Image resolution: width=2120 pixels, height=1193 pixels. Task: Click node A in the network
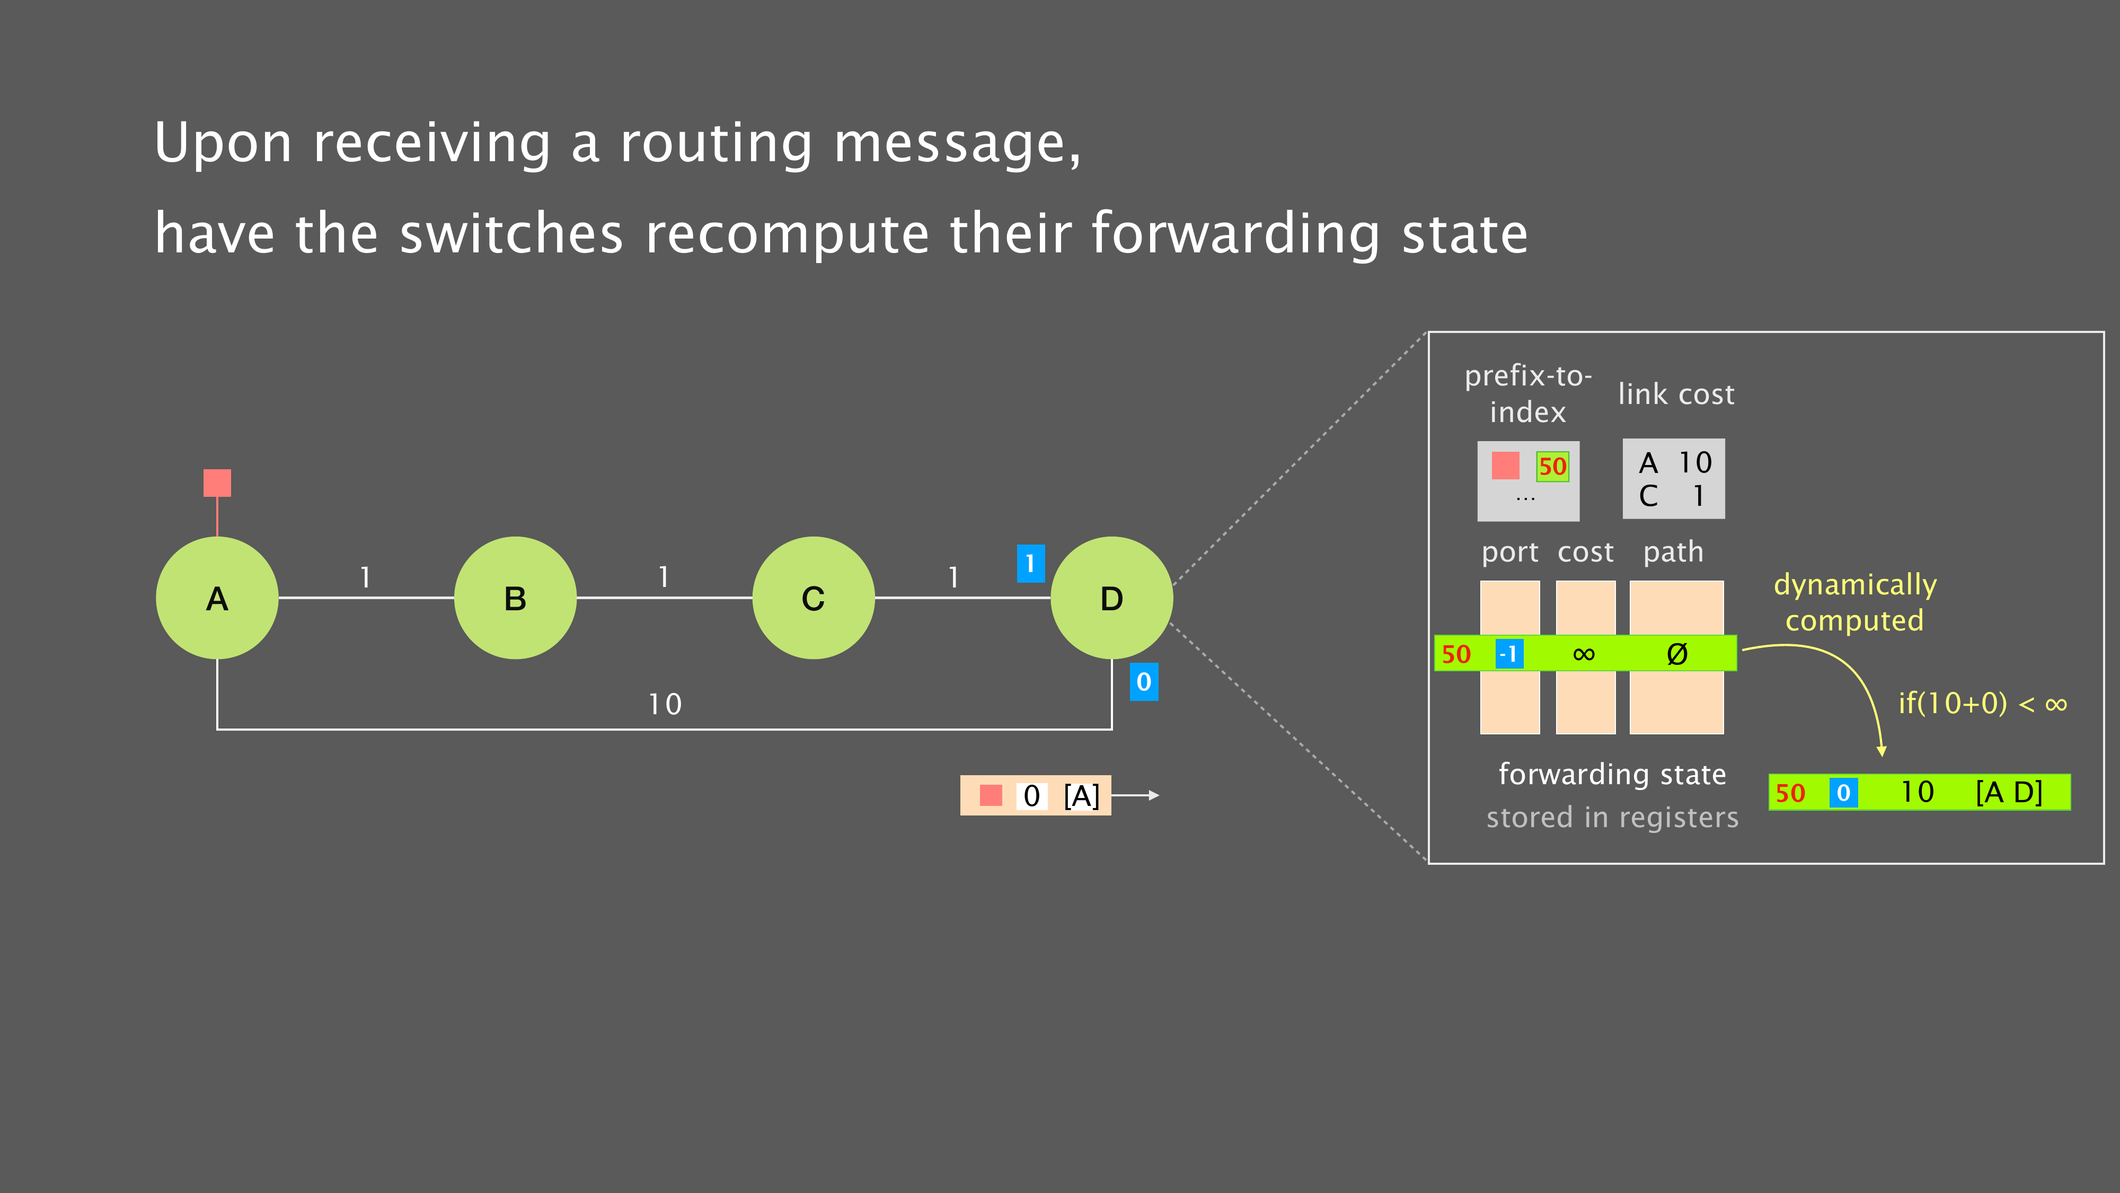coord(217,598)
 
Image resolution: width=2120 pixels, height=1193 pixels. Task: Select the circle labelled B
coord(515,598)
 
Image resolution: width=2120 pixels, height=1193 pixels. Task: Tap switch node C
coord(813,598)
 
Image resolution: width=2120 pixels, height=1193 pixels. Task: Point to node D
coord(1112,598)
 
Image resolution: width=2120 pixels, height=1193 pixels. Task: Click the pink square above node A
coord(217,483)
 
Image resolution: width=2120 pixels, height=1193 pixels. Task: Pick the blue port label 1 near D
coord(1030,564)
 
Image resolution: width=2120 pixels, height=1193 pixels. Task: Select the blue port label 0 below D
coord(1144,682)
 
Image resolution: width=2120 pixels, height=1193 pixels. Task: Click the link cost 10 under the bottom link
coord(665,704)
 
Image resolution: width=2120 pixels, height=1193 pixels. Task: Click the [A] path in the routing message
coord(1081,795)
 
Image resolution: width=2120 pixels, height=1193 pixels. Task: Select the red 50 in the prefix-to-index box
coord(1552,467)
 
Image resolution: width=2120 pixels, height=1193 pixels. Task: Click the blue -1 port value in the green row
coord(1509,654)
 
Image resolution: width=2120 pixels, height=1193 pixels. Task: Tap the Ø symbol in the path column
coord(1677,654)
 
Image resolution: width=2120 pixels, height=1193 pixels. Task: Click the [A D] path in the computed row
coord(2009,792)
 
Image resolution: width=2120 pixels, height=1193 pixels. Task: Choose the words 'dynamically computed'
coord(1855,602)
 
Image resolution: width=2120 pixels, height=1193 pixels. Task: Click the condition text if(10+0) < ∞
coord(1982,703)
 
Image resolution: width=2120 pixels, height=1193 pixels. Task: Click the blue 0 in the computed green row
coord(1843,792)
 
